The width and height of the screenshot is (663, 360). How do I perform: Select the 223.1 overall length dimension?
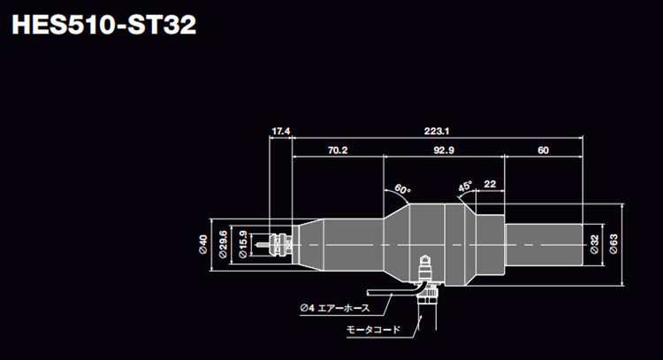coord(433,131)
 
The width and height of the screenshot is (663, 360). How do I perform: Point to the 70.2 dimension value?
coord(337,150)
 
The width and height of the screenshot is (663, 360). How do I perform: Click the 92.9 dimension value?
coord(444,150)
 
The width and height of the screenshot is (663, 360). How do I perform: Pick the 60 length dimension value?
coord(542,150)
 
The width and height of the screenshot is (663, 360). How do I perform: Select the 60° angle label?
coord(403,189)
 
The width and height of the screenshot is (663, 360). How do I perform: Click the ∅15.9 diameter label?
coord(243,241)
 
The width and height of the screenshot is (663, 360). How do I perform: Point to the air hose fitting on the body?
coord(425,265)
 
